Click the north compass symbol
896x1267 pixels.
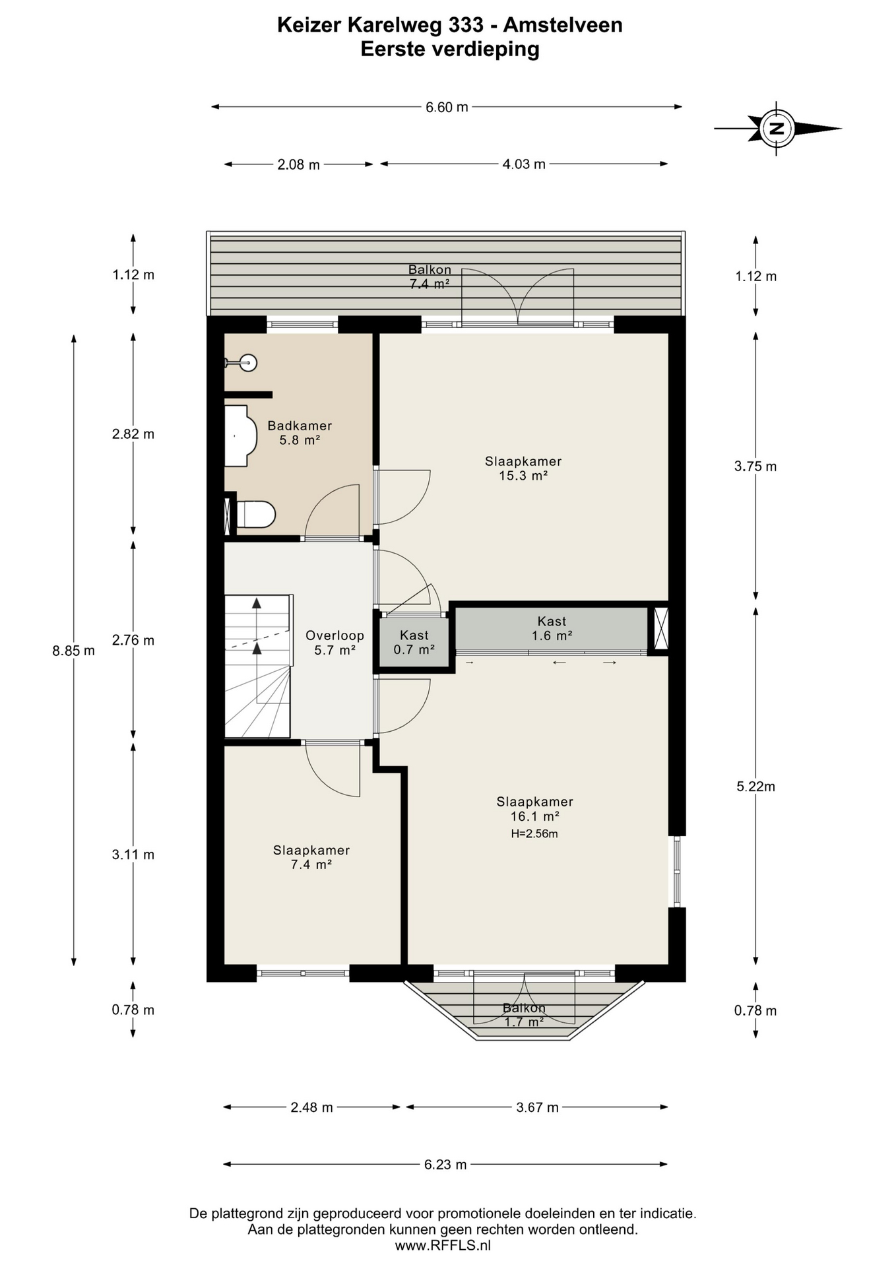point(777,129)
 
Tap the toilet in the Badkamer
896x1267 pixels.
point(255,515)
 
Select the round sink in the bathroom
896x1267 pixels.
point(248,362)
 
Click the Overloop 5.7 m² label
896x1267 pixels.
point(335,643)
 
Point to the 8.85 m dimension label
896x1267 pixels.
point(73,651)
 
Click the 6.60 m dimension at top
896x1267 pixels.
point(447,107)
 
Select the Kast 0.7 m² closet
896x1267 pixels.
point(414,642)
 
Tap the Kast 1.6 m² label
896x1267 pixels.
point(552,628)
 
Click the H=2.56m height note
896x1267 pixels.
point(534,833)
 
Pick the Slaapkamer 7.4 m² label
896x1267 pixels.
point(311,857)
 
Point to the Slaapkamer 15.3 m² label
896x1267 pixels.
point(523,469)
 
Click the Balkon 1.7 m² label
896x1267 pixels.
point(524,1015)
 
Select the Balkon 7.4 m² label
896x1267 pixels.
point(430,276)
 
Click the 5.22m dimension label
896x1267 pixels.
point(755,786)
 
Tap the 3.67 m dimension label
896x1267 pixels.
point(537,1107)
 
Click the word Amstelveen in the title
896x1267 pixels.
point(562,25)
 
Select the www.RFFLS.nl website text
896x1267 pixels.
point(443,1246)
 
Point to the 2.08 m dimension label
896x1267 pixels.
point(298,164)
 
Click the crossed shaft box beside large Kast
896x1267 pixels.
point(660,628)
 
